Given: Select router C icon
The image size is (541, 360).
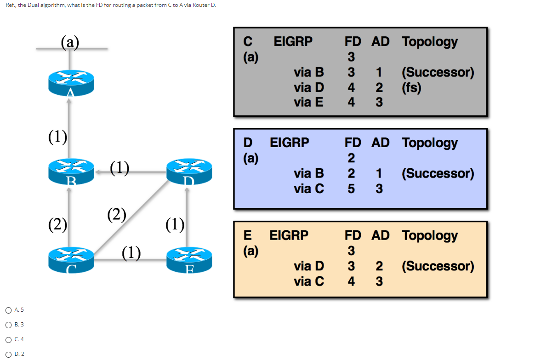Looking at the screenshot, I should pyautogui.click(x=71, y=260).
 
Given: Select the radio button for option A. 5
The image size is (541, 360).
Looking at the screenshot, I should pyautogui.click(x=9, y=310).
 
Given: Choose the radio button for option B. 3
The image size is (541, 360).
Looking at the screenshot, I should pyautogui.click(x=9, y=325).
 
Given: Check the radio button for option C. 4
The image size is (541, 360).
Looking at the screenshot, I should pyautogui.click(x=9, y=339).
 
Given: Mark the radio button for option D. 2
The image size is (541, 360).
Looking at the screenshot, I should pyautogui.click(x=9, y=354).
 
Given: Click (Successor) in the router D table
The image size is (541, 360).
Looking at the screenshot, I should pyautogui.click(x=438, y=174).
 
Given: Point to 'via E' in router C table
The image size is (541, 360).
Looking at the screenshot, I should pyautogui.click(x=308, y=102).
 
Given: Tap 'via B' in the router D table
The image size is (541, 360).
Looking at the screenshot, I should pyautogui.click(x=308, y=174).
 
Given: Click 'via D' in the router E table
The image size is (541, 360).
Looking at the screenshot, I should pyautogui.click(x=308, y=266).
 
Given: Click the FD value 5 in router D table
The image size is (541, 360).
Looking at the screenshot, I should pyautogui.click(x=351, y=189).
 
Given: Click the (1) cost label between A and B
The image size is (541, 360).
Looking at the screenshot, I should pyautogui.click(x=58, y=137).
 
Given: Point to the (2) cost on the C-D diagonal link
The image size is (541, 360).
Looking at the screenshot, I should pyautogui.click(x=117, y=214).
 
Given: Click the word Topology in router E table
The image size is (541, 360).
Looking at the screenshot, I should pyautogui.click(x=430, y=235).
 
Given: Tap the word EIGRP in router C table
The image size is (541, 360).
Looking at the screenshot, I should pyautogui.click(x=293, y=41).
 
